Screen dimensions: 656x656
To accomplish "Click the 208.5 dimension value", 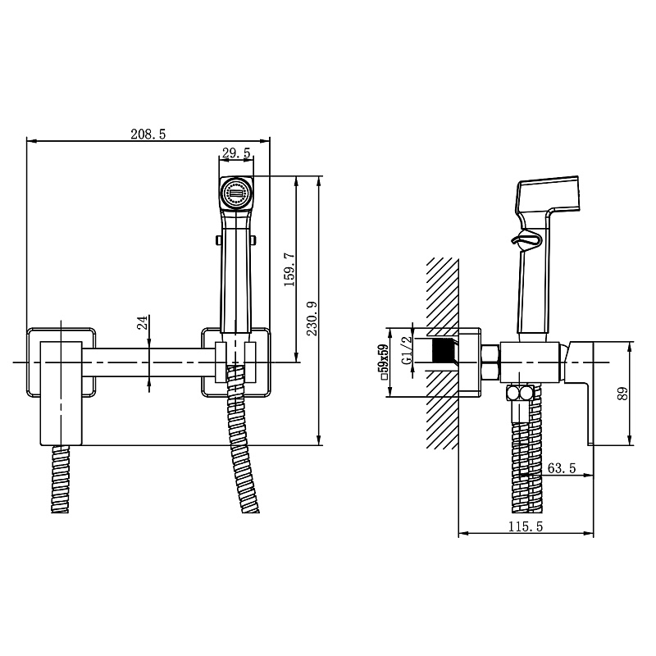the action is (148, 134).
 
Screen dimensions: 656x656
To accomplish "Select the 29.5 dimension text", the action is (236, 153).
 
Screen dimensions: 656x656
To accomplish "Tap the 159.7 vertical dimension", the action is (289, 270).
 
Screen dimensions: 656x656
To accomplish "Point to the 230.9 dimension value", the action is (312, 318).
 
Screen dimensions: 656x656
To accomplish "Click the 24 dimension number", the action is (143, 322).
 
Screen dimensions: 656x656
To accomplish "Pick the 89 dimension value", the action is (622, 394).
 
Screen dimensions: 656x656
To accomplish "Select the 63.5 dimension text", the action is (562, 467).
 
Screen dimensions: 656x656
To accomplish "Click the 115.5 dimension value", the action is (526, 526).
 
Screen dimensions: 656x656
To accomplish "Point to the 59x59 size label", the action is (385, 362).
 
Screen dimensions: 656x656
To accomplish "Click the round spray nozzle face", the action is (236, 194).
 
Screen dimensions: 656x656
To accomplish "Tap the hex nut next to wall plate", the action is (490, 362).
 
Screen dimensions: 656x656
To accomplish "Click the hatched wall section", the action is (442, 353).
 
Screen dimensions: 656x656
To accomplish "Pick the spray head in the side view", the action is (548, 195).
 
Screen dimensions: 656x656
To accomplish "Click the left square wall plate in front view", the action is (61, 362).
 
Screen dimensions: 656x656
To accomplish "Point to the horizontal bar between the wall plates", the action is (148, 362).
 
